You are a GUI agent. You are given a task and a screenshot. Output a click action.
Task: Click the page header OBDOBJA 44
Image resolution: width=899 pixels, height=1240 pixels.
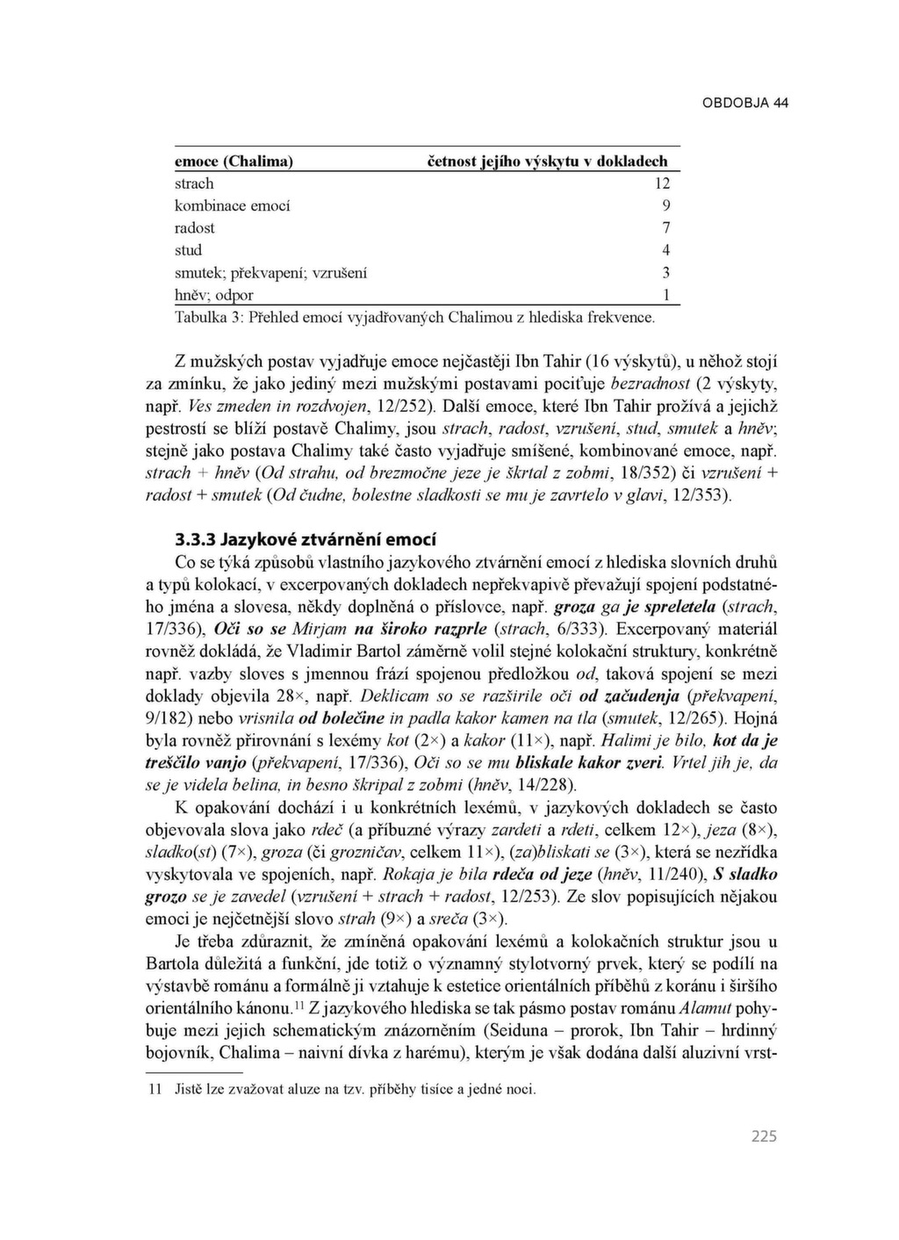(745, 103)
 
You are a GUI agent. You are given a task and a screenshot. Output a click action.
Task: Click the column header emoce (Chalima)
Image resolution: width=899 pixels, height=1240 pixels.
(234, 162)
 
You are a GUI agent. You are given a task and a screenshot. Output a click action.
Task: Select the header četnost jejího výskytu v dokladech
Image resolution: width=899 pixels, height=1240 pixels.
(547, 162)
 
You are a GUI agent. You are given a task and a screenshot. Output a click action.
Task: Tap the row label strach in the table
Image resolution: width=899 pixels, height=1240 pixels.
(194, 184)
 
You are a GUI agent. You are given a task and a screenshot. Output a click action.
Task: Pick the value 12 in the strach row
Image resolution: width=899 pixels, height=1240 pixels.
(662, 184)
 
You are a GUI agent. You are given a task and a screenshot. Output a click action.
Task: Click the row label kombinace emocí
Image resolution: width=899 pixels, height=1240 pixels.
(232, 205)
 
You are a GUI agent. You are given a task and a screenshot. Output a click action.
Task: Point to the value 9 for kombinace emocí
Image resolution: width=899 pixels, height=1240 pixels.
(666, 205)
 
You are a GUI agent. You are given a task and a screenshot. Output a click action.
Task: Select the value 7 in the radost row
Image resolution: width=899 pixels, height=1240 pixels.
(666, 228)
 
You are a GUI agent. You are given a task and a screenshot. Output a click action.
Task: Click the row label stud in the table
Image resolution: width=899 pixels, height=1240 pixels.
(188, 250)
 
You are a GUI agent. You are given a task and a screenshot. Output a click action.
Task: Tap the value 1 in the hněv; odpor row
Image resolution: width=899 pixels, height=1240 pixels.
(666, 295)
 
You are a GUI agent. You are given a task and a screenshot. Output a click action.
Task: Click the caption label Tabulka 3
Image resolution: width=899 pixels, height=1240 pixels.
(207, 316)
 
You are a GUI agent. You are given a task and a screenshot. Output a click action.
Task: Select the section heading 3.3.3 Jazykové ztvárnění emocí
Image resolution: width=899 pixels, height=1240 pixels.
(305, 539)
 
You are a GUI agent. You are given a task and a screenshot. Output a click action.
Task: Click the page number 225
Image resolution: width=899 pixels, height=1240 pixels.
(764, 1136)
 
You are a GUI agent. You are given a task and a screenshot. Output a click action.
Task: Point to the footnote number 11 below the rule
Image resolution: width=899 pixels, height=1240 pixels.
(155, 1090)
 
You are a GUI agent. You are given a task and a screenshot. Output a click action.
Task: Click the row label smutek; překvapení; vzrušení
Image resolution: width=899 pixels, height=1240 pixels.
(270, 272)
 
